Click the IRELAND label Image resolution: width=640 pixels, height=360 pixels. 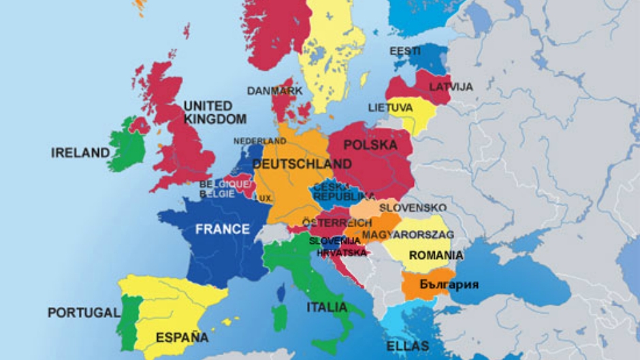(80, 153)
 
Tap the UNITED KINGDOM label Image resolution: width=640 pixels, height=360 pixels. (214, 113)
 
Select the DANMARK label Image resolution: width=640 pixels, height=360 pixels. (274, 91)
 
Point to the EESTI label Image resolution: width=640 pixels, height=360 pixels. (404, 51)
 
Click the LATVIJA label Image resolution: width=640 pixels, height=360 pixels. (451, 87)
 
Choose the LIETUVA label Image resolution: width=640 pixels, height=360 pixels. (390, 108)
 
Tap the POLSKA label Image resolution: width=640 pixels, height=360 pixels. (370, 145)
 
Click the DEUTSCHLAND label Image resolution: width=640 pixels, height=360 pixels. (302, 164)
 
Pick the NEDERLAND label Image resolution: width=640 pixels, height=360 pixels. (260, 141)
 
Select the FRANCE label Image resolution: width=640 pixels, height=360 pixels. (223, 229)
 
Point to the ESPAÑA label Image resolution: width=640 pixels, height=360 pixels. (182, 337)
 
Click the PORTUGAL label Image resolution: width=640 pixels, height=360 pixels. (83, 312)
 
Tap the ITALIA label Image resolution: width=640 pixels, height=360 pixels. (327, 307)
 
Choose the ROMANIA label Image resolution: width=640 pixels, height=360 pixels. (436, 256)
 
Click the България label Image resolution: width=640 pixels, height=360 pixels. (449, 284)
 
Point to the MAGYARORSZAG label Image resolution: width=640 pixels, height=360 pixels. (408, 235)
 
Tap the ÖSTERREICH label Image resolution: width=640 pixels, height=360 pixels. (336, 223)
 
